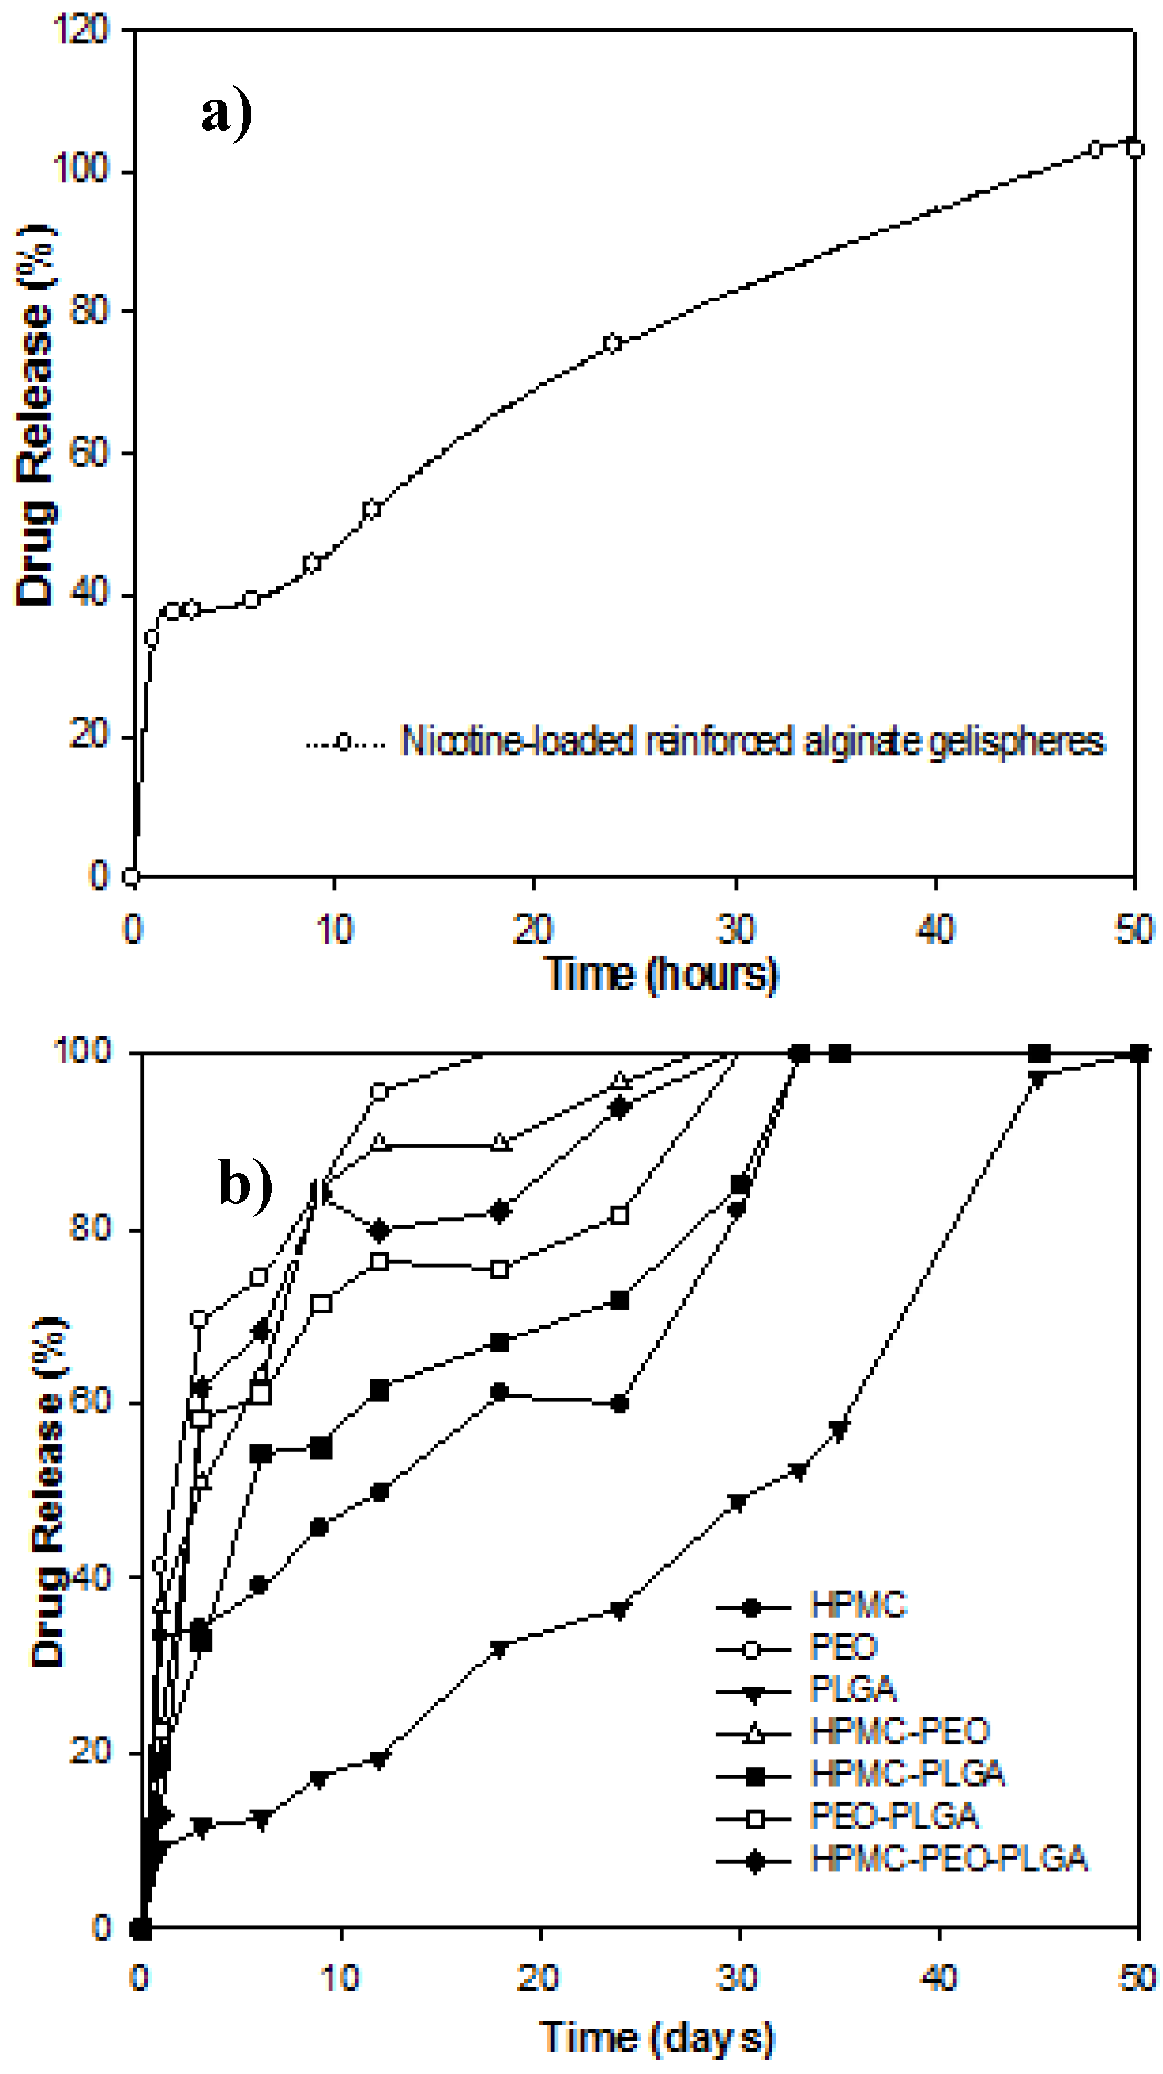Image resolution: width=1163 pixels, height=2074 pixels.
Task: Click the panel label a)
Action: click(226, 113)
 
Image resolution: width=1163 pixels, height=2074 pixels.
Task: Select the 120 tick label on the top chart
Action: click(81, 31)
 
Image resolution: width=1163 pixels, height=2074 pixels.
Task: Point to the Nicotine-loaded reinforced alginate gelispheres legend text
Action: click(753, 741)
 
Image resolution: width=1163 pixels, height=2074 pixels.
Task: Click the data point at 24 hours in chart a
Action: click(612, 343)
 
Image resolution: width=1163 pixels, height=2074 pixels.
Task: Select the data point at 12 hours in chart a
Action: click(371, 509)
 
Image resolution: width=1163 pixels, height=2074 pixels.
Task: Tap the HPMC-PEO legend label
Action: click(900, 1731)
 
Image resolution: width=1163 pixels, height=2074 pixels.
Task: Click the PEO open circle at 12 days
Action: click(379, 1093)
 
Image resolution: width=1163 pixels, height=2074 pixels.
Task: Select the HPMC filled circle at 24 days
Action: click(620, 1404)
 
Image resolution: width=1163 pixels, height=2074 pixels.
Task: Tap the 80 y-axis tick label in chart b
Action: click(89, 1229)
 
